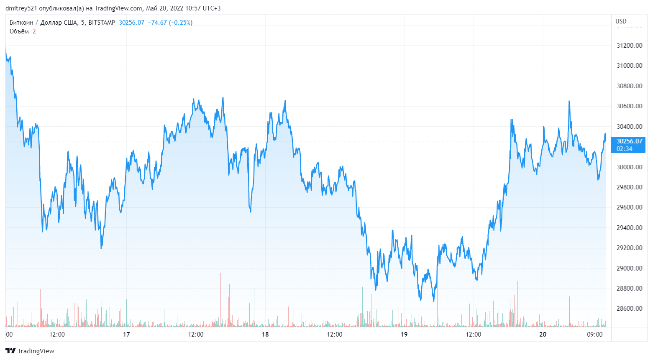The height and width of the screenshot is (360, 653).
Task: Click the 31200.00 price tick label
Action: [x=629, y=45]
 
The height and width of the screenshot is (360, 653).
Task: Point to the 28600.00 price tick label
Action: [x=629, y=309]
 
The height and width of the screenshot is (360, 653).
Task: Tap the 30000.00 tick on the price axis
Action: [x=629, y=167]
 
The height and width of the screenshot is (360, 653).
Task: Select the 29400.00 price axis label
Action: [x=629, y=227]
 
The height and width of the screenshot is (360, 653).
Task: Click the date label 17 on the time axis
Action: [x=126, y=334]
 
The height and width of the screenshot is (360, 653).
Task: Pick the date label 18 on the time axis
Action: [x=265, y=334]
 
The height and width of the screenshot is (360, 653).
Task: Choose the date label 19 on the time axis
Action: [x=404, y=334]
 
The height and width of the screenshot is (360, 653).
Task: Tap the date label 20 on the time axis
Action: [x=543, y=334]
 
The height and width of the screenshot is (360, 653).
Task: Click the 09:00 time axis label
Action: [x=595, y=334]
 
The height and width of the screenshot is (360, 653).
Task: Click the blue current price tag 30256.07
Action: [x=629, y=141]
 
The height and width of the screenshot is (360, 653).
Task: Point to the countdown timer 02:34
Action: [x=624, y=149]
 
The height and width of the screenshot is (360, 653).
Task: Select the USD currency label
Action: [x=621, y=21]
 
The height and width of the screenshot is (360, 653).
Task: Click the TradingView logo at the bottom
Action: [x=30, y=351]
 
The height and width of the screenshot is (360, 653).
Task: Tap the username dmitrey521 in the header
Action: [x=21, y=8]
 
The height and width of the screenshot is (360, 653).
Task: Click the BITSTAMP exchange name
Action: [x=102, y=23]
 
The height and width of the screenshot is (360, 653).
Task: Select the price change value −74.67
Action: [x=157, y=23]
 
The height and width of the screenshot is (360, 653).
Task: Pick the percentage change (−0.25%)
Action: [x=181, y=23]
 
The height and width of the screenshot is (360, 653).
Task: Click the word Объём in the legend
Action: [x=19, y=31]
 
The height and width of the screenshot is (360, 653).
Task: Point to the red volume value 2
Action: [x=34, y=31]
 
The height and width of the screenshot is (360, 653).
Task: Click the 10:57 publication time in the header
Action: [x=192, y=8]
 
